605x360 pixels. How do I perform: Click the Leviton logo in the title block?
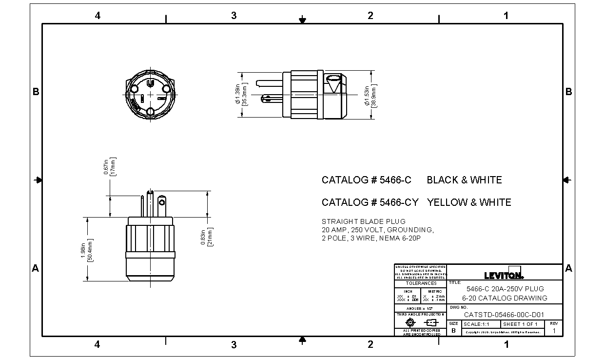click(504, 274)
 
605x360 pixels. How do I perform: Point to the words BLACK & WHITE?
click(464, 180)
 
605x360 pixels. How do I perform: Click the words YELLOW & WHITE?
click(469, 202)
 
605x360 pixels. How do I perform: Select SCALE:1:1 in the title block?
click(476, 324)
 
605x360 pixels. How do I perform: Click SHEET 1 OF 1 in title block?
click(520, 324)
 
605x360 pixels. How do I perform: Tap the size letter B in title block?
click(453, 330)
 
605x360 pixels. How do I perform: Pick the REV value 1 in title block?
click(553, 330)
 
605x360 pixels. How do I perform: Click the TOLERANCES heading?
click(421, 283)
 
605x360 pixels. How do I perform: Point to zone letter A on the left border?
click(35, 268)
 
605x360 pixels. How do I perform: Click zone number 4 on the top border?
click(98, 16)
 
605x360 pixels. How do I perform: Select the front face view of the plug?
click(150, 93)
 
